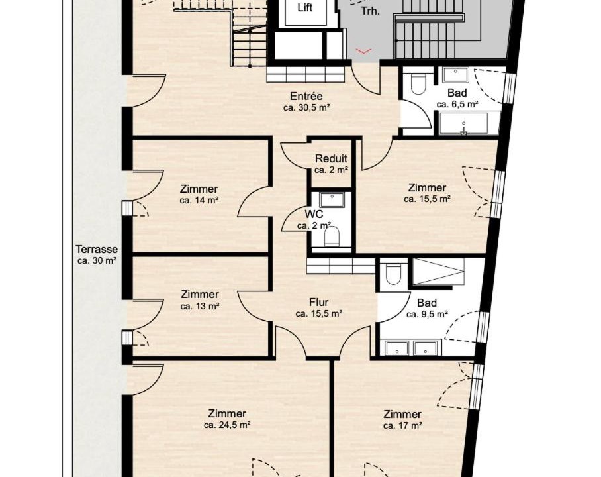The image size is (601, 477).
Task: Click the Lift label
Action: click(305, 8)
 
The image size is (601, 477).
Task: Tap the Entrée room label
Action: click(306, 96)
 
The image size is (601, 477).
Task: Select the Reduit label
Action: click(331, 158)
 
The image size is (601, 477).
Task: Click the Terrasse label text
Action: click(97, 250)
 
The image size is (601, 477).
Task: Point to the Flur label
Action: click(318, 303)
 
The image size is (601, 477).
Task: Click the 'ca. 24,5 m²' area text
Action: click(227, 425)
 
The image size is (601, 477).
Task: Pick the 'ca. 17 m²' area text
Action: click(402, 425)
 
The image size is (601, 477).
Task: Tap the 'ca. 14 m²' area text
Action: click(199, 200)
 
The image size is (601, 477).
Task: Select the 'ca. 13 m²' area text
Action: click(200, 306)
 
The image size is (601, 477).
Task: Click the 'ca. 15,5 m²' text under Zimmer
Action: click(427, 199)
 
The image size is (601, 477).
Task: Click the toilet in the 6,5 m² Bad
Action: click(418, 83)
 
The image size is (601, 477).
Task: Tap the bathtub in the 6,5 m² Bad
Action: click(463, 123)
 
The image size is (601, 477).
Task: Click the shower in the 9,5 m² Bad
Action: click(438, 272)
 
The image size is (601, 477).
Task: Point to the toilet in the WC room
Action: click(332, 237)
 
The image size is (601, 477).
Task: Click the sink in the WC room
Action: click(332, 200)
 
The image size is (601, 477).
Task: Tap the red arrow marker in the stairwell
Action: click(364, 51)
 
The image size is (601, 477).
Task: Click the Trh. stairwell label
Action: click(370, 11)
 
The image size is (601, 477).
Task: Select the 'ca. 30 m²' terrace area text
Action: click(97, 260)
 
